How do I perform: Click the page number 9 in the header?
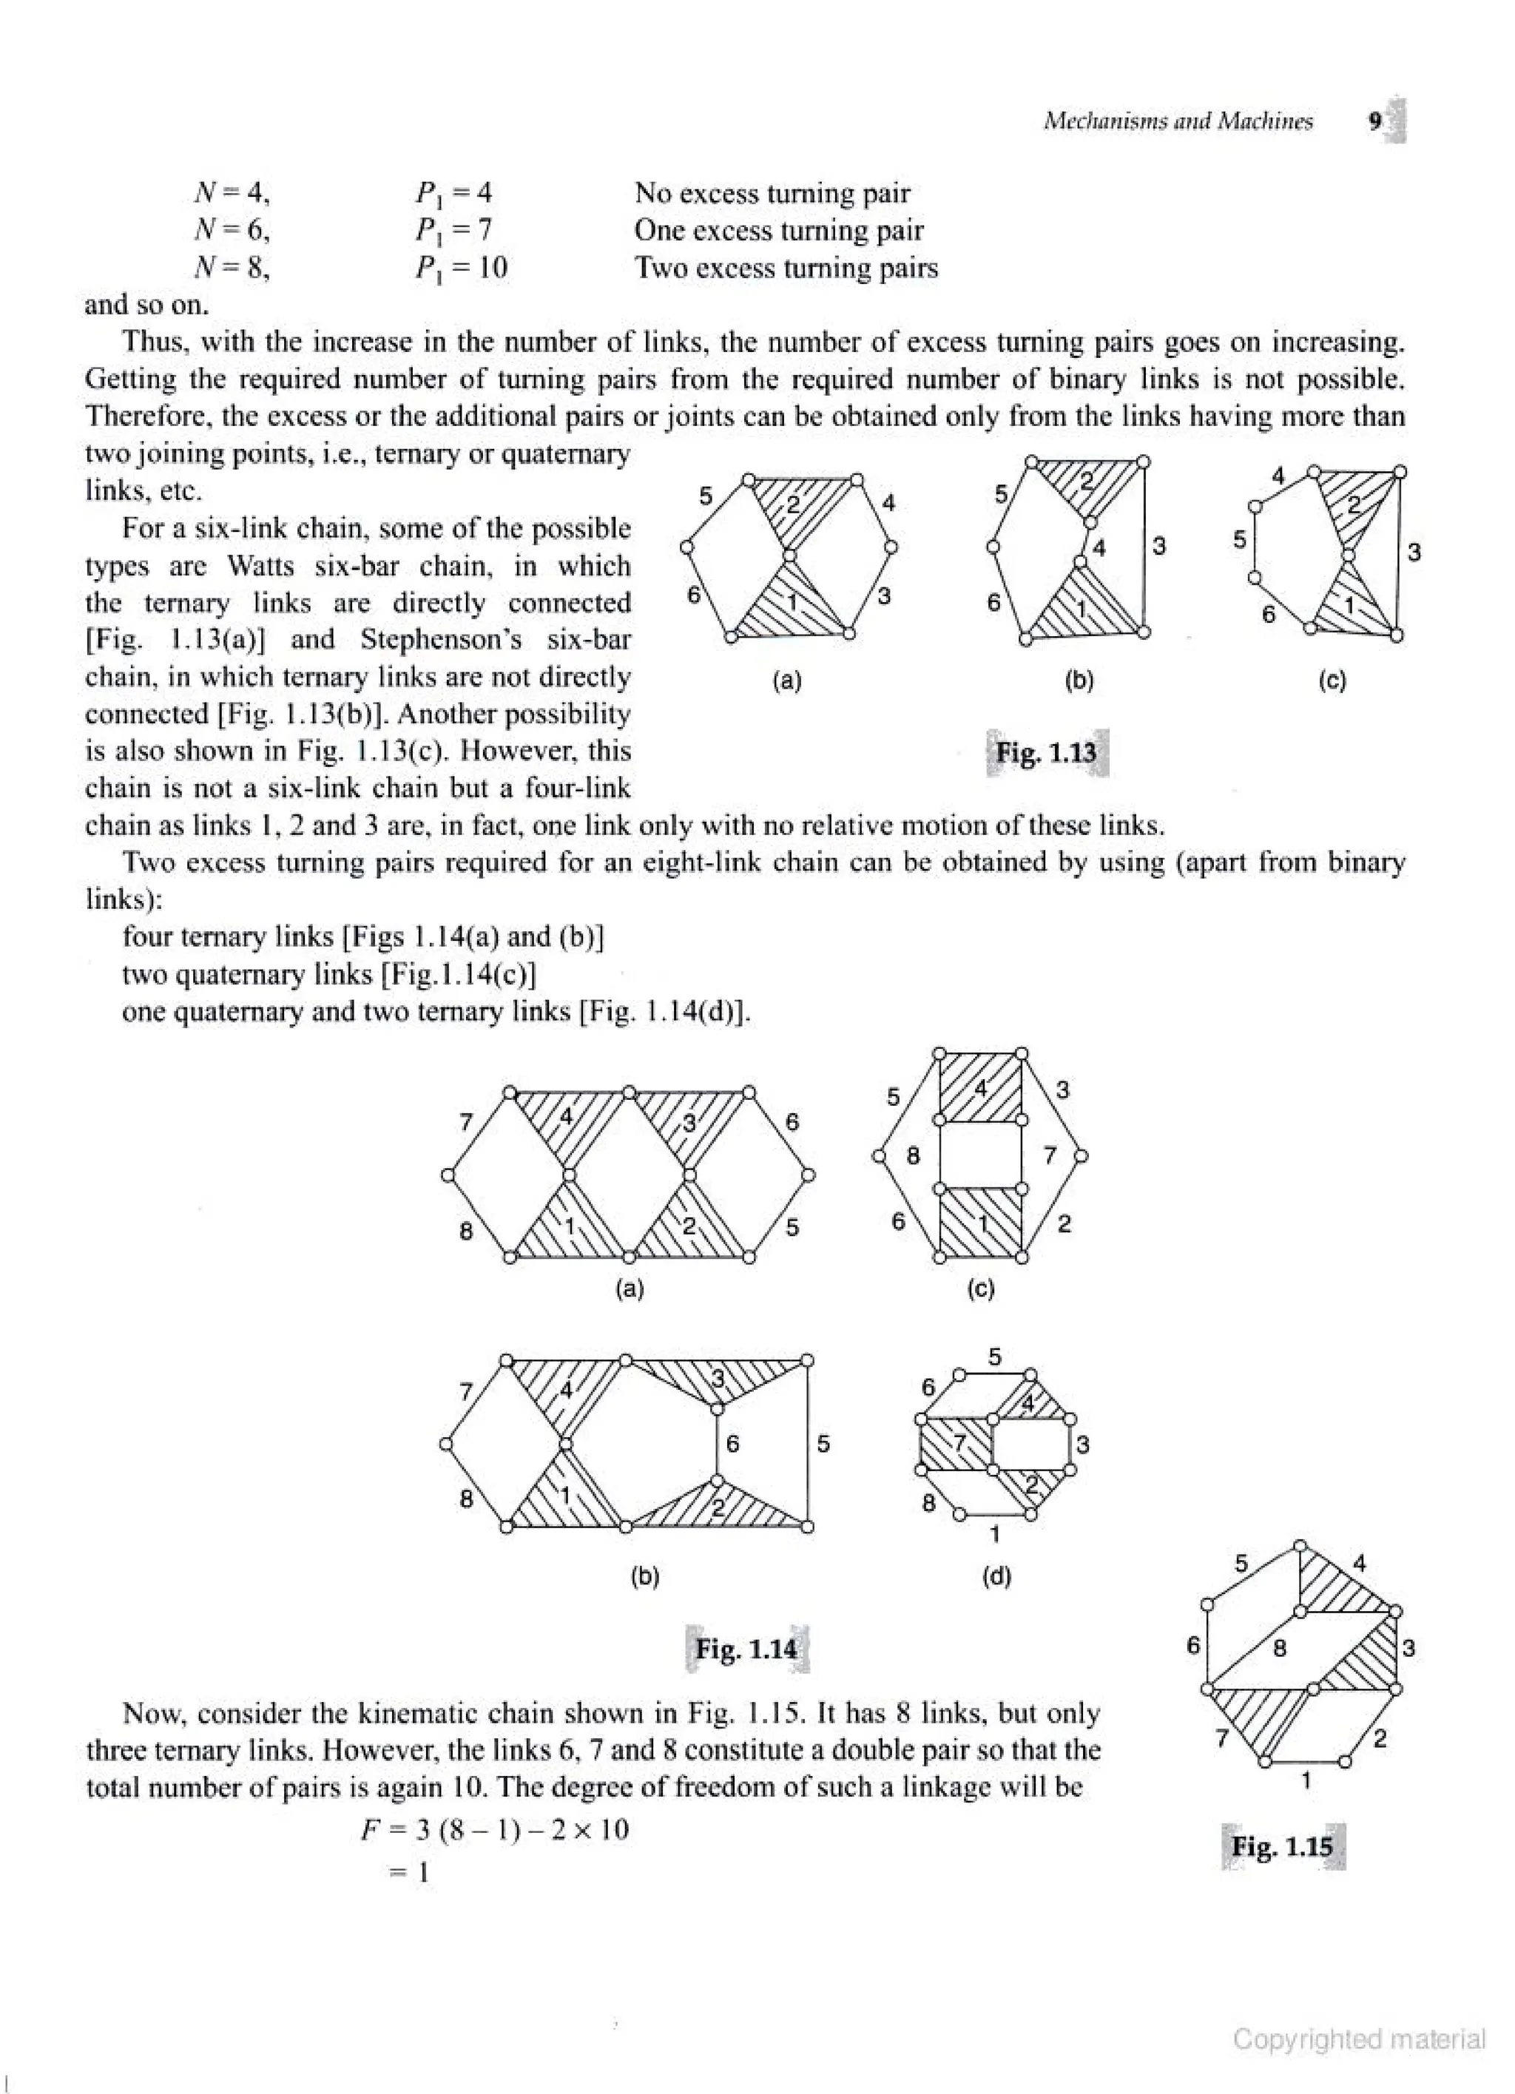point(1374,122)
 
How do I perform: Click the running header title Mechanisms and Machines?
point(1177,122)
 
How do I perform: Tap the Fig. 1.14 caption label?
point(746,1648)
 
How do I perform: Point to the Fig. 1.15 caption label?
point(1282,1845)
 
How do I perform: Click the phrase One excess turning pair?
point(778,230)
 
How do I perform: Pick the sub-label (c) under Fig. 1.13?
point(1332,681)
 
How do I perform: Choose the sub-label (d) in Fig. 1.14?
point(996,1576)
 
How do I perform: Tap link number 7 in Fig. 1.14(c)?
point(1049,1155)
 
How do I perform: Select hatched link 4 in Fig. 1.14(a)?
point(567,1116)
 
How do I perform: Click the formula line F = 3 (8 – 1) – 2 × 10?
point(495,1829)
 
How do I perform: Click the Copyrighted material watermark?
point(1359,2039)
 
